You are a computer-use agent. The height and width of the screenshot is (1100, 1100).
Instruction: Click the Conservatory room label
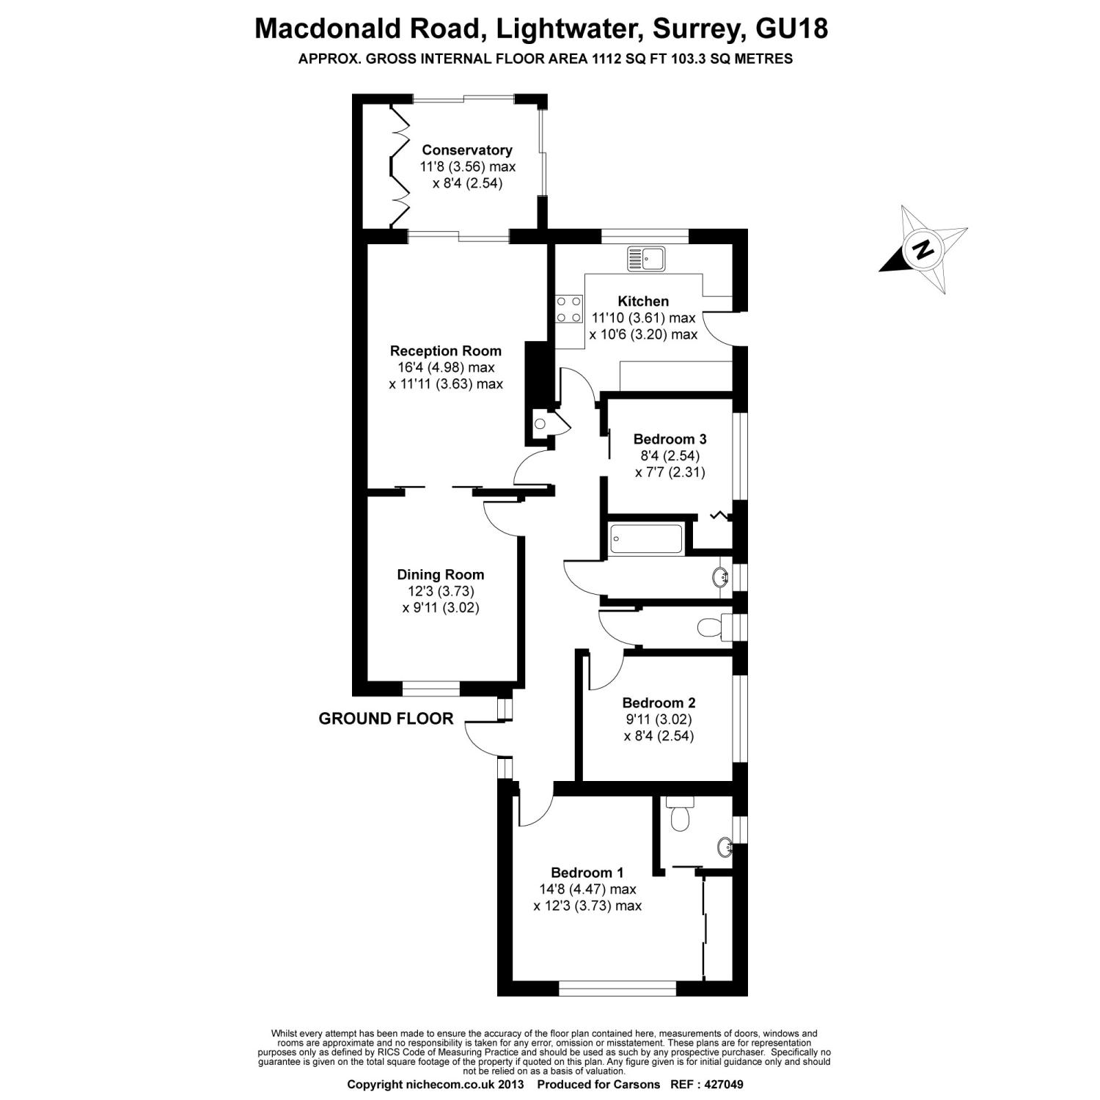[466, 150]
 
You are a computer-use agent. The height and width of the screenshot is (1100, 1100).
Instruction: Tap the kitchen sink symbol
[645, 259]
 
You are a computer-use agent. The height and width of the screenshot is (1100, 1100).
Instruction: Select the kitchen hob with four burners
[568, 309]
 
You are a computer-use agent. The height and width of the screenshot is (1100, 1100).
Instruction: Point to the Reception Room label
[446, 351]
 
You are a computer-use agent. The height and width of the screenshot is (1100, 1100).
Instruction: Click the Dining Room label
[441, 575]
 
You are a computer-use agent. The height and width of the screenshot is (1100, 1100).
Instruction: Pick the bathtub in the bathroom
[646, 538]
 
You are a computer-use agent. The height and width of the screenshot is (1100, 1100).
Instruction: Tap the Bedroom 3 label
[670, 439]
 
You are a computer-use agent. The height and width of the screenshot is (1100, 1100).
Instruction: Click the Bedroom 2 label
[659, 703]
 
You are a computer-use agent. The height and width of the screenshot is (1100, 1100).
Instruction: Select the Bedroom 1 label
[587, 873]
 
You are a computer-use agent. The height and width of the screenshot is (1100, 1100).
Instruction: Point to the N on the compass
[923, 250]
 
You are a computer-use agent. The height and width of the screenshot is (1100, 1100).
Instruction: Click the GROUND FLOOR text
[386, 719]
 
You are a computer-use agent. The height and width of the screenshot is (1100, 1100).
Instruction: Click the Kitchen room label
[643, 301]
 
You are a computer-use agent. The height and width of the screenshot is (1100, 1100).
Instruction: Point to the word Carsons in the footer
[636, 1084]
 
